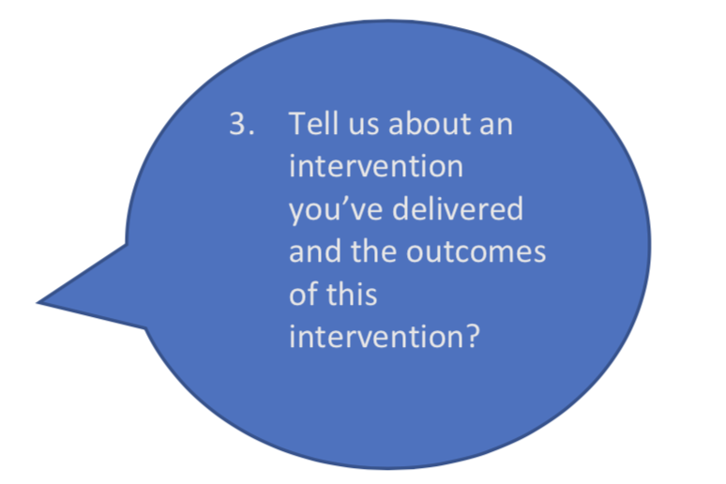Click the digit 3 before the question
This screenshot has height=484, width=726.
[x=238, y=124]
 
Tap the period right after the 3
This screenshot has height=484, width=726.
[x=251, y=133]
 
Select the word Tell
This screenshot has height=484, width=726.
[x=313, y=123]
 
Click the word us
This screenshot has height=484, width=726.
[x=363, y=127]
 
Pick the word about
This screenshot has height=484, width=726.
[x=430, y=124]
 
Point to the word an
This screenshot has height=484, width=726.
[x=496, y=127]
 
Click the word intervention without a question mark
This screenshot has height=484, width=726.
[x=376, y=166]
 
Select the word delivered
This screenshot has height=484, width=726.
[x=458, y=208]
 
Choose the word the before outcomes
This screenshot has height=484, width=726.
[x=373, y=251]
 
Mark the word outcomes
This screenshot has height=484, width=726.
[x=476, y=252]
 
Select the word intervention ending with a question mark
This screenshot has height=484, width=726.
[x=385, y=336]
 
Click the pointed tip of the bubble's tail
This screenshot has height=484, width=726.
[x=37, y=302]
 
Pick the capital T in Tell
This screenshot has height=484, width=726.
[x=297, y=124]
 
